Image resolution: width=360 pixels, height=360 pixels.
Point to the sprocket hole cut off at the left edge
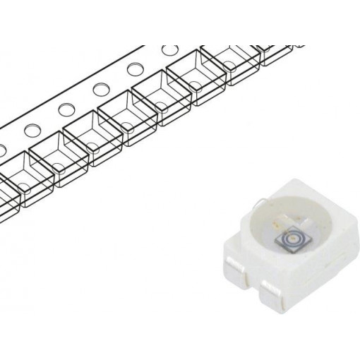point(2,148)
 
